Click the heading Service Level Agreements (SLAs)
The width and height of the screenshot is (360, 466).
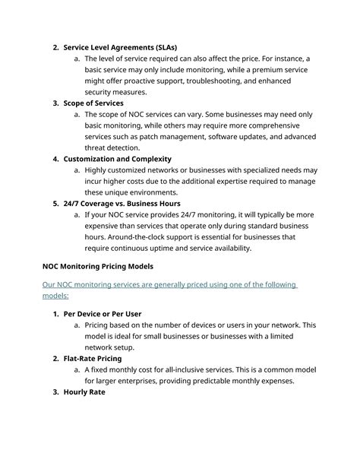[120, 47]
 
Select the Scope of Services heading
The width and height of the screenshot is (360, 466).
[93, 103]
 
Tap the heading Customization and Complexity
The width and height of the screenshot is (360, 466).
[116, 159]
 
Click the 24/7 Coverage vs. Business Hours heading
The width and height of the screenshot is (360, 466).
[122, 204]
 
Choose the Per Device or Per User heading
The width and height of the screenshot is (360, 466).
[103, 313]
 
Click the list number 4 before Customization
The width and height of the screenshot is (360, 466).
[56, 159]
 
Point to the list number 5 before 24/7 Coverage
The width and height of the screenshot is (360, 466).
[56, 204]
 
